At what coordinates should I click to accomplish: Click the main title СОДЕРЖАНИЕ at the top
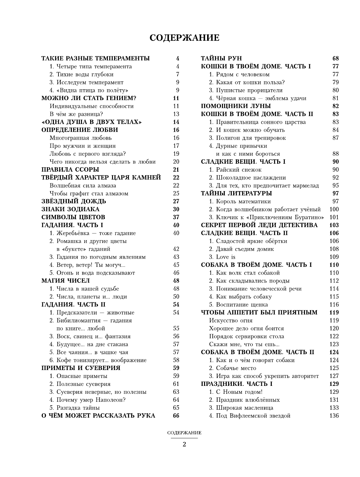pyautogui.click(x=185, y=38)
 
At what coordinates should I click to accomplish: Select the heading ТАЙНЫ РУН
pyautogui.click(x=221, y=59)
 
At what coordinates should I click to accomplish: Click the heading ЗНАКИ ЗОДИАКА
pyautogui.click(x=70, y=209)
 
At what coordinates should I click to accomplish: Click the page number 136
pyautogui.click(x=334, y=415)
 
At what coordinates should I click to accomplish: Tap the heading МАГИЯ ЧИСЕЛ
pyautogui.click(x=65, y=281)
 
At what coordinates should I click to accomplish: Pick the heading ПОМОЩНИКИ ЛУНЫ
pyautogui.click(x=236, y=106)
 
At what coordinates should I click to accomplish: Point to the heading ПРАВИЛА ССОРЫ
pyautogui.click(x=70, y=169)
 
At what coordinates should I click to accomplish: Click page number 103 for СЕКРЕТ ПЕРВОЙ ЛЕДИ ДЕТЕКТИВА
pyautogui.click(x=334, y=225)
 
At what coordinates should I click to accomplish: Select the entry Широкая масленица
pyautogui.click(x=241, y=408)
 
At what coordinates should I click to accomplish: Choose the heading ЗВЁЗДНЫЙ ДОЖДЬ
pyautogui.click(x=74, y=201)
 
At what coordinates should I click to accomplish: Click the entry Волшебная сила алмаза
pyautogui.click(x=83, y=185)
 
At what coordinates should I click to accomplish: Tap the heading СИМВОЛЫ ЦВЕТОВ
pyautogui.click(x=73, y=217)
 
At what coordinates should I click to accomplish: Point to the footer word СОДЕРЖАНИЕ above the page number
pyautogui.click(x=184, y=433)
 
